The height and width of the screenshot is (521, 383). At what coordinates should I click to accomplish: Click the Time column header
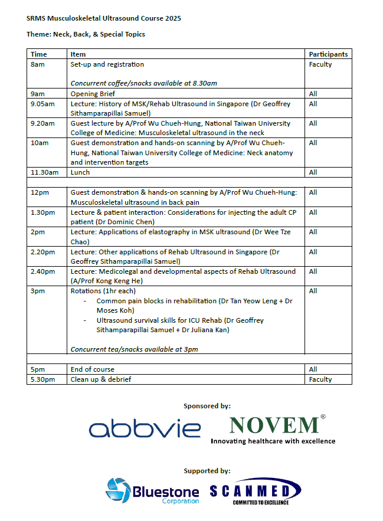click(x=39, y=54)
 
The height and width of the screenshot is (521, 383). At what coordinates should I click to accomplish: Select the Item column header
click(x=78, y=54)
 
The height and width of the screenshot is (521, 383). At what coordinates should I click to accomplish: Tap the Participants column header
click(x=328, y=54)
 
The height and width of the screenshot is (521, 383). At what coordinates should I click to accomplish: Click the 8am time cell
click(x=37, y=64)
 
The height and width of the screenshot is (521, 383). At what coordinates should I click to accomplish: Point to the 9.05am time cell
click(x=42, y=104)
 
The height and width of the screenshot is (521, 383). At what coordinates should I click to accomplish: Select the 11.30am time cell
click(x=44, y=172)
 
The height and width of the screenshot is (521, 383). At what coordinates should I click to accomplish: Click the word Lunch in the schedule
click(x=80, y=172)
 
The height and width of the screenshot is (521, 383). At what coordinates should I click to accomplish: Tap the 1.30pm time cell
click(x=42, y=212)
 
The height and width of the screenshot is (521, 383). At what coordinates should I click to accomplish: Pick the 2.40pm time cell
click(x=42, y=271)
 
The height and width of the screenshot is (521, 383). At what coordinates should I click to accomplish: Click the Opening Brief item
click(x=93, y=94)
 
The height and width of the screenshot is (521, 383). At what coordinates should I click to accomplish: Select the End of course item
click(x=93, y=369)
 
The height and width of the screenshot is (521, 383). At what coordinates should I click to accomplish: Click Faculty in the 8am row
click(x=320, y=64)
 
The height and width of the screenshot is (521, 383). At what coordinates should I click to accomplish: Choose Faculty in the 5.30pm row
click(x=320, y=379)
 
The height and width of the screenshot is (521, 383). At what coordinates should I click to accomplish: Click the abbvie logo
click(x=145, y=429)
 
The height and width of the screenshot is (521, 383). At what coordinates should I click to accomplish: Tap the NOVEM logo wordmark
click(x=274, y=425)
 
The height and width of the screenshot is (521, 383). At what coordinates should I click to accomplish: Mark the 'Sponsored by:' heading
click(x=207, y=406)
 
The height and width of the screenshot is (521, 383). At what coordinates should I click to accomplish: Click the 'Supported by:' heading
click(x=207, y=471)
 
